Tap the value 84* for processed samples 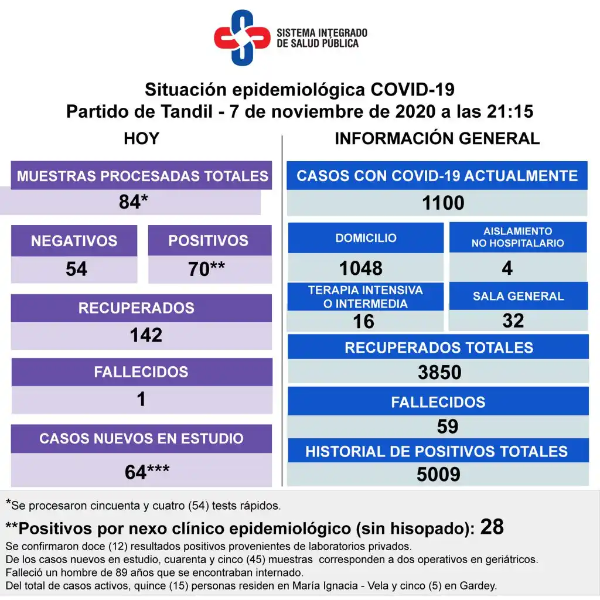pyautogui.click(x=133, y=202)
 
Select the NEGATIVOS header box pyautogui.click(x=74, y=241)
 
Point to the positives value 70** pyautogui.click(x=206, y=269)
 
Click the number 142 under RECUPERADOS pyautogui.click(x=146, y=335)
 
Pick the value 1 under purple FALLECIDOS pyautogui.click(x=141, y=400)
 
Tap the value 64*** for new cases pyautogui.click(x=146, y=472)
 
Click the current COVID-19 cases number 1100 pyautogui.click(x=443, y=203)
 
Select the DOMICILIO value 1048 pyautogui.click(x=361, y=268)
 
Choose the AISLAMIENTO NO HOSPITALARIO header pyautogui.click(x=517, y=237)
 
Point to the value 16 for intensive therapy pyautogui.click(x=363, y=321)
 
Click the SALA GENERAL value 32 pyautogui.click(x=513, y=321)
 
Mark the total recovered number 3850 pyautogui.click(x=439, y=372)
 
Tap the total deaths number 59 pyautogui.click(x=447, y=427)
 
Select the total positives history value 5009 pyautogui.click(x=438, y=474)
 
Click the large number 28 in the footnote pyautogui.click(x=492, y=527)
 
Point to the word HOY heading pyautogui.click(x=141, y=139)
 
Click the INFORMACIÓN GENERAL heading pyautogui.click(x=437, y=139)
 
